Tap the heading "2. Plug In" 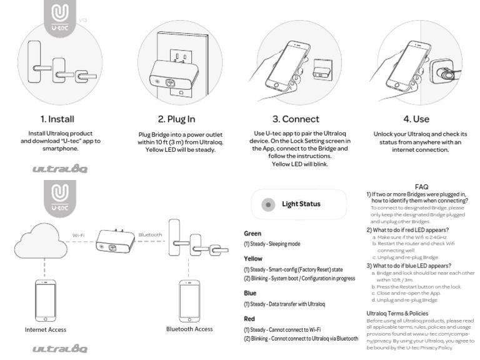176,119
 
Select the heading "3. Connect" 296,119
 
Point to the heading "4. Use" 416,119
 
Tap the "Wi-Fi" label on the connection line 79,235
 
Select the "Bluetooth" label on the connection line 150,235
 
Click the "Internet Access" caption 46,329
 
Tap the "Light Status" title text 301,204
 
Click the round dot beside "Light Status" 268,204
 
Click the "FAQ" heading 421,186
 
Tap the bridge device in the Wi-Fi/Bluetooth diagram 114,243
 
